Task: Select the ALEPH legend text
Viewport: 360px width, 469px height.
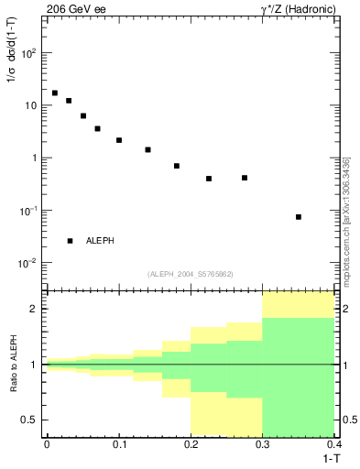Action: (x=100, y=241)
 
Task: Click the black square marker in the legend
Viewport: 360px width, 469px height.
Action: (x=70, y=241)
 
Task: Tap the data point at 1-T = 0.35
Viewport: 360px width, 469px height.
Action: (x=299, y=217)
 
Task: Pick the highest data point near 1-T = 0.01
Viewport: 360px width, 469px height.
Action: (x=55, y=93)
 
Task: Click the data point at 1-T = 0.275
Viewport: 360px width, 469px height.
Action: (x=245, y=178)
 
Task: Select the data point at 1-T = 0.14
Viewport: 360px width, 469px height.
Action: (x=147, y=149)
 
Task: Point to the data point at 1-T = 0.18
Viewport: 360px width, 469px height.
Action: (x=177, y=166)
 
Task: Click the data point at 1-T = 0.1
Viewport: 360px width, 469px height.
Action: (x=119, y=140)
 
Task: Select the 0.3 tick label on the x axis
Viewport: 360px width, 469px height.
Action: (x=263, y=443)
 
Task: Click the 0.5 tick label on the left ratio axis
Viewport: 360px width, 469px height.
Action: (x=32, y=420)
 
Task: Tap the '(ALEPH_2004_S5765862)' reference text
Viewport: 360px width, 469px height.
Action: (x=191, y=274)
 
